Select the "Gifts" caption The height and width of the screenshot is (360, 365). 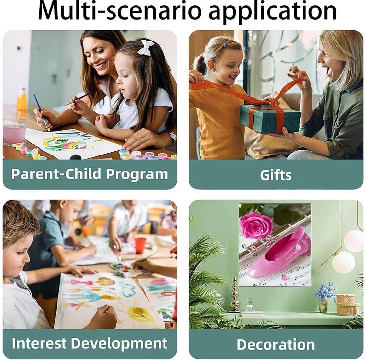coord(276,175)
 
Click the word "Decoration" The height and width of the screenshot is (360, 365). coord(276,344)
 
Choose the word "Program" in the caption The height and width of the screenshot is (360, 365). coord(137,174)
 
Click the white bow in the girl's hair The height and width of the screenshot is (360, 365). coord(146,47)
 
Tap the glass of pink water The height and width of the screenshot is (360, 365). coord(14,131)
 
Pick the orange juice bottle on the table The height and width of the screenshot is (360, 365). coord(22,99)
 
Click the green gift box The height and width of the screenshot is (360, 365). coord(270,118)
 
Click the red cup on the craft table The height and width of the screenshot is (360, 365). coord(140,245)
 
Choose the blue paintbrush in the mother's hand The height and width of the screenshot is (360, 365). coord(42,112)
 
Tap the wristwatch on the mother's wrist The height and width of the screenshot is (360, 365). coord(173,137)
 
